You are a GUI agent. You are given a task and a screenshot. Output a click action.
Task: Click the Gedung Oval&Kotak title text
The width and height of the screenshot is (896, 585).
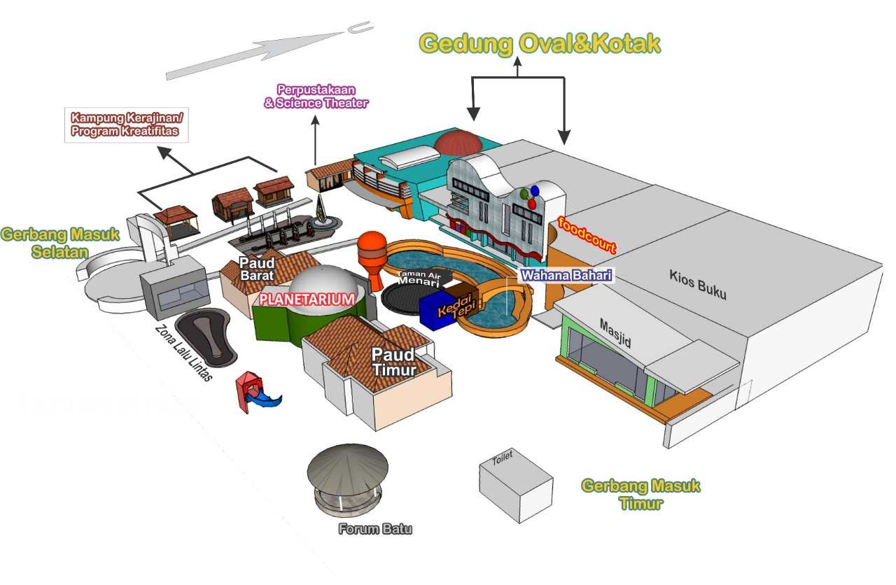(540, 43)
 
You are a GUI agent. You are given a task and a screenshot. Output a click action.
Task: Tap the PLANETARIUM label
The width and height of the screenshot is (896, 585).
(307, 299)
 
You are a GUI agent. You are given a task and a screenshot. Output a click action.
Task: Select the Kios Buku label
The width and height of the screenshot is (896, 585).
(697, 284)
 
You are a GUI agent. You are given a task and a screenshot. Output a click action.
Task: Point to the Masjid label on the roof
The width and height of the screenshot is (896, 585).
(615, 333)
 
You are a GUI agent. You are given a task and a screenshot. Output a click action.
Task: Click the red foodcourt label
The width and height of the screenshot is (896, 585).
(587, 235)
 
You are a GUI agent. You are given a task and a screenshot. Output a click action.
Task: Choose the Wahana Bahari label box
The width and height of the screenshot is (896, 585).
(566, 275)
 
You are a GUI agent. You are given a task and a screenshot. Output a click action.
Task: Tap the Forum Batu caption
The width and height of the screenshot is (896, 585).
(375, 529)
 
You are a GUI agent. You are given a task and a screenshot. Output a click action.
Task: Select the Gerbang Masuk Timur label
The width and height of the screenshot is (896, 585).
(640, 494)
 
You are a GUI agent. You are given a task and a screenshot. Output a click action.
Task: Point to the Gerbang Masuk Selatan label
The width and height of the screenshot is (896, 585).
(60, 243)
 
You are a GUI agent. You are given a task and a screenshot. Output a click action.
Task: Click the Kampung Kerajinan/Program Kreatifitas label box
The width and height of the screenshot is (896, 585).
(126, 125)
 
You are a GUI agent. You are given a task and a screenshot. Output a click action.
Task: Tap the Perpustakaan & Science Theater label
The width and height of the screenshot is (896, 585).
(316, 97)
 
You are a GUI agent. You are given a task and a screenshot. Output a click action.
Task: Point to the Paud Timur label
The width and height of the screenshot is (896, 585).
(394, 361)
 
